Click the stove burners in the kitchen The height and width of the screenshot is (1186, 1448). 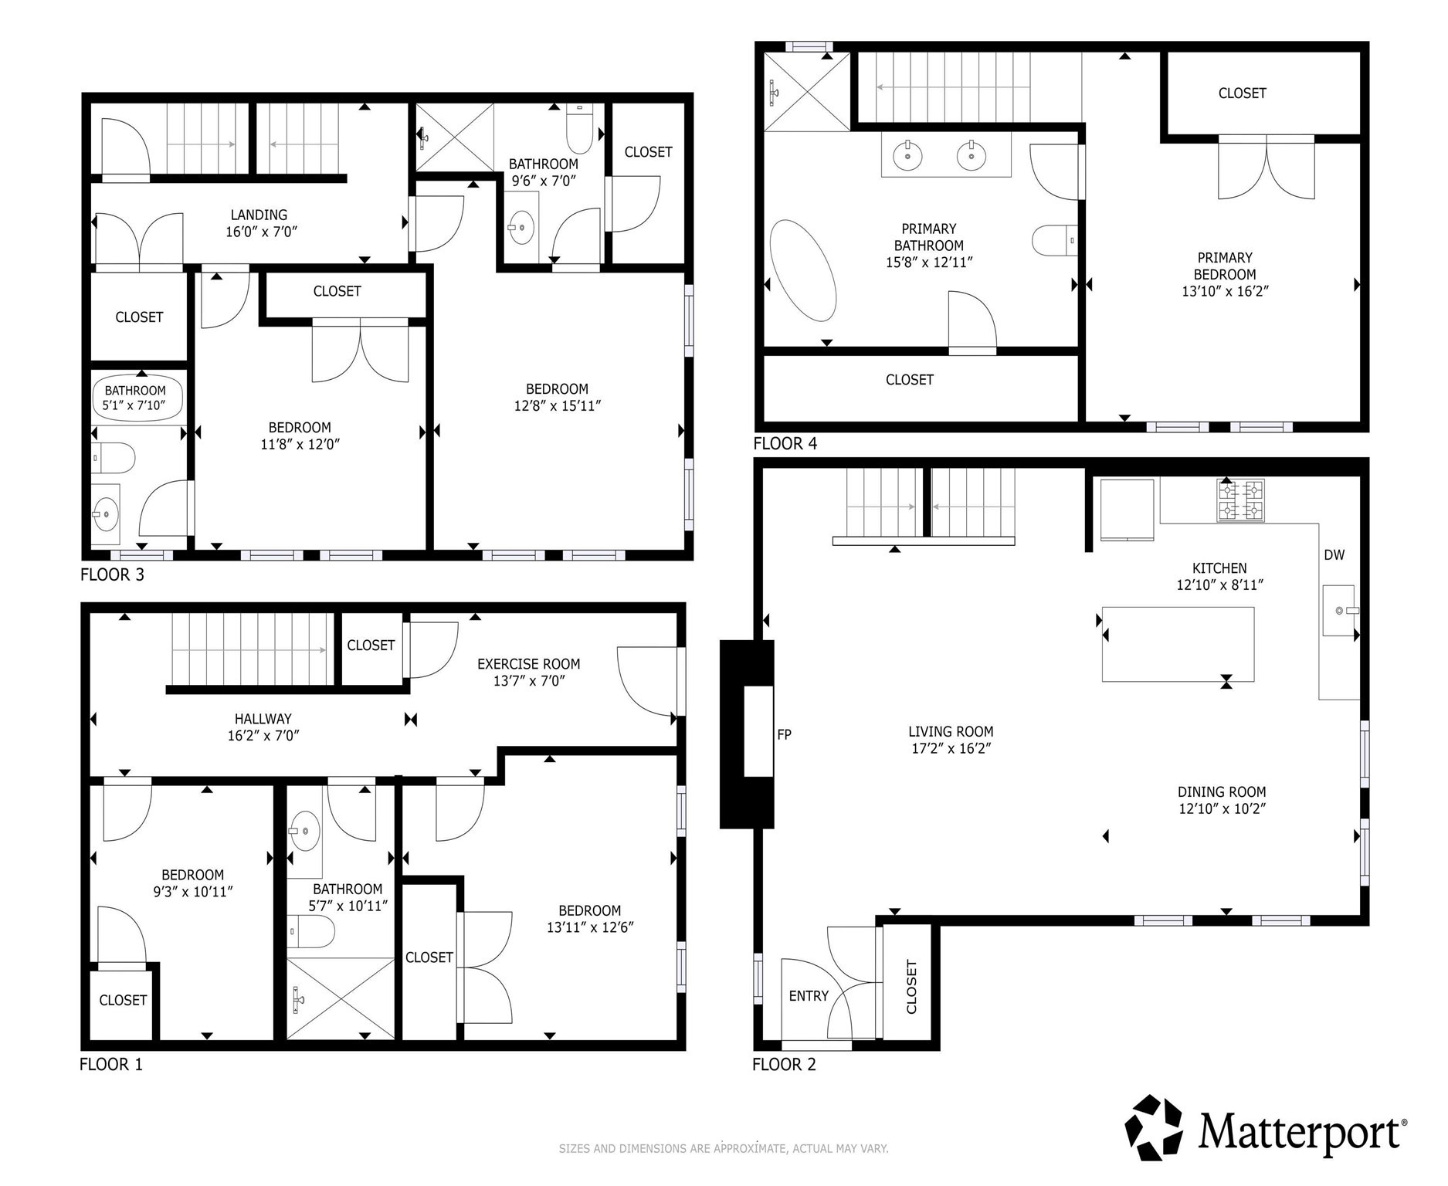point(1241,500)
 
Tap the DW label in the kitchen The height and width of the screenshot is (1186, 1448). point(1334,555)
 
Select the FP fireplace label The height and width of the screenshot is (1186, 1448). point(784,734)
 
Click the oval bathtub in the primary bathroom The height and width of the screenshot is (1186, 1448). point(803,270)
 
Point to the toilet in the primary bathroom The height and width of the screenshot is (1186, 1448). point(1054,240)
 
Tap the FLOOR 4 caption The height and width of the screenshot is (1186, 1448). point(785,443)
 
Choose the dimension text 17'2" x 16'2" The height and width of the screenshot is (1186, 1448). point(951,748)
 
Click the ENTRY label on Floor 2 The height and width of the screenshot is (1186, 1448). point(809,996)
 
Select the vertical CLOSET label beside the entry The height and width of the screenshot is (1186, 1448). point(911,987)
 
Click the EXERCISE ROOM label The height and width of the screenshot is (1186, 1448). point(528,664)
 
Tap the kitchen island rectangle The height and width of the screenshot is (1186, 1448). point(1177,644)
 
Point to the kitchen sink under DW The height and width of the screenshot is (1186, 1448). point(1341,610)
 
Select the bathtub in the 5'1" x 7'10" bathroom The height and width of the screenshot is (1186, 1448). point(137,398)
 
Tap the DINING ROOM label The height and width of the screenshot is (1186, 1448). point(1221,791)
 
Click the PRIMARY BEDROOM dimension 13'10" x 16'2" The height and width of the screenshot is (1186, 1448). point(1225,291)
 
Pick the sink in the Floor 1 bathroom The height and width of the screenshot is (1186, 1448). point(305,831)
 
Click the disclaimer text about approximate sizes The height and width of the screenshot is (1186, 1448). point(724,1148)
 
